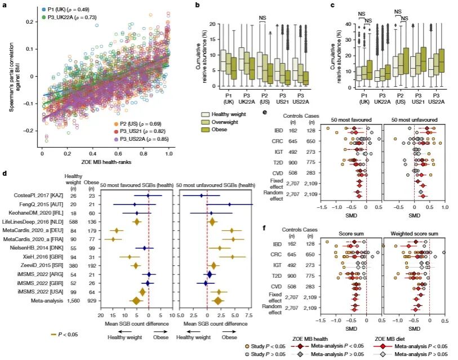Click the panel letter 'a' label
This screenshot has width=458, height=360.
3,5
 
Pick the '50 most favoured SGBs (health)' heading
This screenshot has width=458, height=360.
136,184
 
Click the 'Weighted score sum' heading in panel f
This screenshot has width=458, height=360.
406,233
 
